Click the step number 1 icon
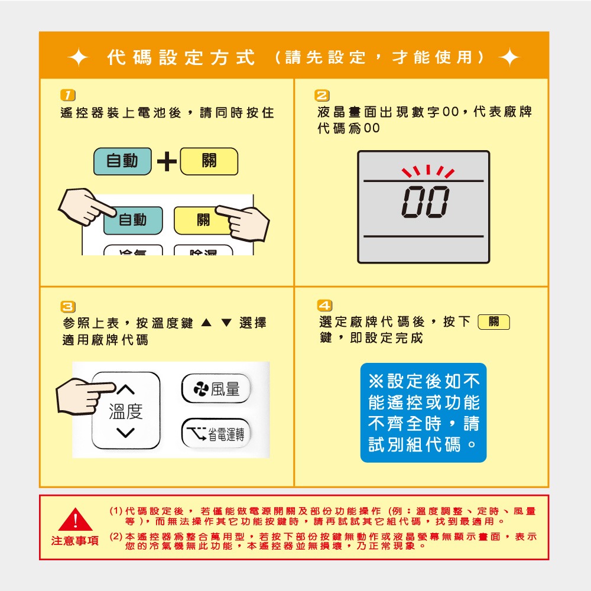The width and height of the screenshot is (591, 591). [69, 95]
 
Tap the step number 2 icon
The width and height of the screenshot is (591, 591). [323, 95]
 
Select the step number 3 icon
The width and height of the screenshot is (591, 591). [69, 306]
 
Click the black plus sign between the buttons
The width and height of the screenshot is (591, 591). [166, 162]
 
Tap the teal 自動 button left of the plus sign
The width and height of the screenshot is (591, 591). [122, 161]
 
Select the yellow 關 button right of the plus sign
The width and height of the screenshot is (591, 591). [209, 161]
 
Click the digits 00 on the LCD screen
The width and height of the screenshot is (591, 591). [424, 202]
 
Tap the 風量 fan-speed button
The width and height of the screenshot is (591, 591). [216, 388]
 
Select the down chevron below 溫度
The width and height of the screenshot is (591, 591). [126, 434]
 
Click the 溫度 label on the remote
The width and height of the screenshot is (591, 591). [126, 411]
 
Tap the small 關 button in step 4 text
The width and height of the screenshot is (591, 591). [493, 322]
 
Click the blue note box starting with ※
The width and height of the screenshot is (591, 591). [423, 413]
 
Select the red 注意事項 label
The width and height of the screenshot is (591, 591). [75, 541]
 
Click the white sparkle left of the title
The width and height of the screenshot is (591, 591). [78, 58]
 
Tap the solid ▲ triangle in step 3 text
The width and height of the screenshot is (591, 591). [206, 323]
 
